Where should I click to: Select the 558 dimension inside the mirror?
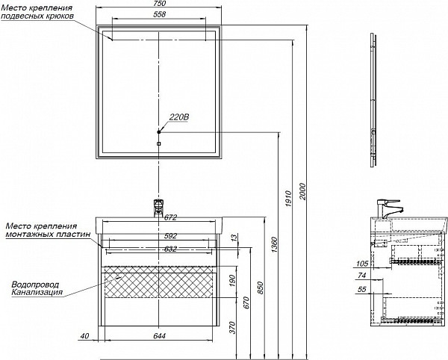tap(158, 16)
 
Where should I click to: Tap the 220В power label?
tap(180, 117)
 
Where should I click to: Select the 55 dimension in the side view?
tap(363, 288)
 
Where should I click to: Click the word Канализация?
tap(37, 293)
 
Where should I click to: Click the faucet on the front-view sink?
tap(158, 205)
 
